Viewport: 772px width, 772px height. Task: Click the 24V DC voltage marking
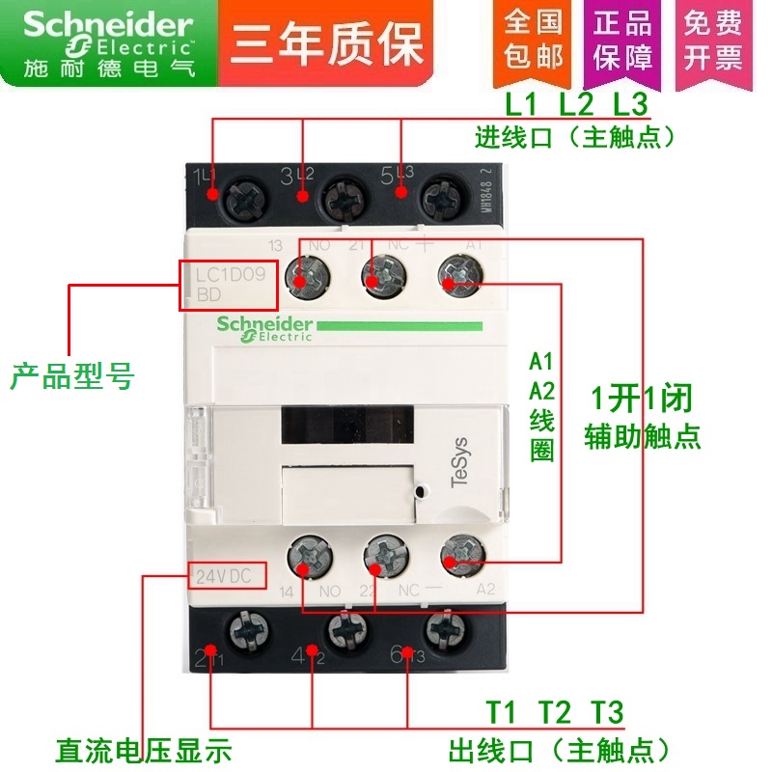point(224,577)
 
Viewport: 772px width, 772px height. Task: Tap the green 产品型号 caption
point(71,376)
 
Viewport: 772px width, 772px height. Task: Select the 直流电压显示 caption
point(144,750)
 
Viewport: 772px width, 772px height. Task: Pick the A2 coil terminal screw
point(457,556)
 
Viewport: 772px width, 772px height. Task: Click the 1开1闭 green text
point(641,398)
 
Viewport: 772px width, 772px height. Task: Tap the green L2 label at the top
point(577,102)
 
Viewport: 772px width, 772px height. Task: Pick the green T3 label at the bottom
point(608,713)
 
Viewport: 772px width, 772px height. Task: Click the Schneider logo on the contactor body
point(264,327)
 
